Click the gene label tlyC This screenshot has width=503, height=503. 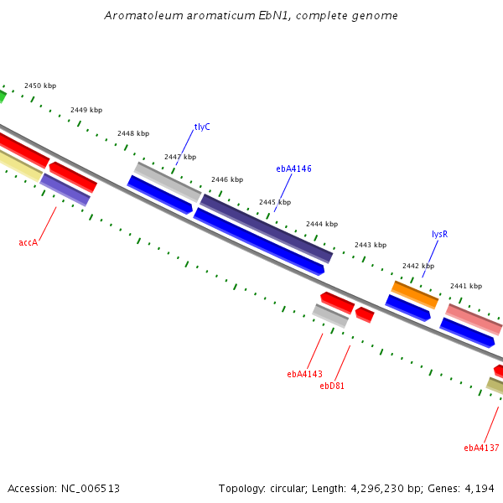coord(202,127)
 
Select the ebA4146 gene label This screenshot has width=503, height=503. coord(293,169)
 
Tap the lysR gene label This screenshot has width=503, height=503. coord(439,234)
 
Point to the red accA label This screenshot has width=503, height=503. coord(29,242)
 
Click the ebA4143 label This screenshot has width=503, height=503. coord(304,374)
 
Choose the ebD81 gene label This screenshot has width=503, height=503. coord(332,386)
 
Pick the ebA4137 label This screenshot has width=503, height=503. coord(481,448)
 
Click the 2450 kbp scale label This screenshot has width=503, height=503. coord(40,86)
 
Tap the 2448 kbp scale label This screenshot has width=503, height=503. coord(133,133)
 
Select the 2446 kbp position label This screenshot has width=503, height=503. coord(227,179)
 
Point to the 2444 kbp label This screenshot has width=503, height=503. coord(322,224)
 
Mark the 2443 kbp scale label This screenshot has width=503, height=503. coord(371,245)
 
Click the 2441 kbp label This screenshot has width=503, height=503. coord(466,286)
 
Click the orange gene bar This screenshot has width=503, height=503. coord(415,295)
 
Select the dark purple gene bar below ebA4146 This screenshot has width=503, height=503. coord(267,229)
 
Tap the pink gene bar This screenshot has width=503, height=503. coord(474,319)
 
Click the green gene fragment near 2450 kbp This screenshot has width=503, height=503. coord(2,96)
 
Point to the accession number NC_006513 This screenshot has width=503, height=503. coord(91,489)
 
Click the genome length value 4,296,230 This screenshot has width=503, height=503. coord(377,489)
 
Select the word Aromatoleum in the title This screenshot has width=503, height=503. coord(143,15)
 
